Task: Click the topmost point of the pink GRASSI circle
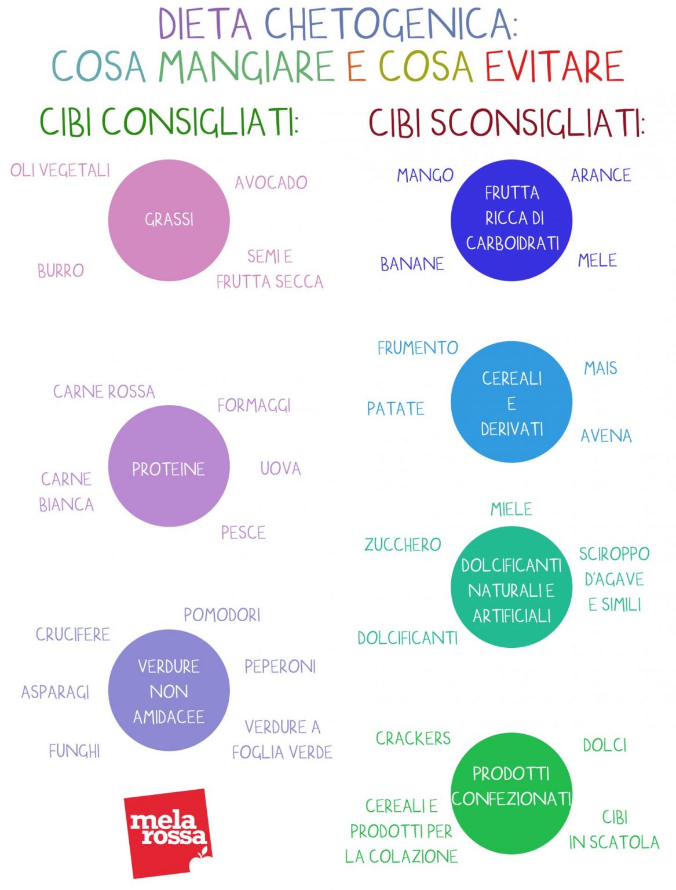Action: point(169,159)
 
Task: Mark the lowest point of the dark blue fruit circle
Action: point(511,281)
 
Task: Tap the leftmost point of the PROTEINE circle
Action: point(108,466)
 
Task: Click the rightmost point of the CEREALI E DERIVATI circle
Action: point(573,402)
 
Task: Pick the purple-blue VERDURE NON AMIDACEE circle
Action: point(169,690)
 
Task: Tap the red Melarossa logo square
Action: point(168,834)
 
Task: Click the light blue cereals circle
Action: point(511,402)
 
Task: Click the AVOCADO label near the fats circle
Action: point(271,183)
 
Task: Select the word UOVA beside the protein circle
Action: point(280,469)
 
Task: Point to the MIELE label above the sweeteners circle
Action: point(511,509)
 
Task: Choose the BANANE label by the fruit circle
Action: point(412,264)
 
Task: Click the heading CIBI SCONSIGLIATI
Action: point(506,123)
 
